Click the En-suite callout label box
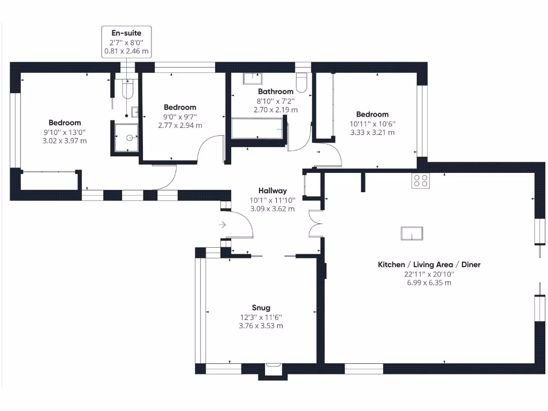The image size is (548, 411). coord(126,42)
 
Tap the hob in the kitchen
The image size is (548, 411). coord(420,181)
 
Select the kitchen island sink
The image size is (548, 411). coord(412,233)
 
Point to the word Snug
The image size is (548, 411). coord(261,308)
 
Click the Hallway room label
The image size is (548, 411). coord(272,191)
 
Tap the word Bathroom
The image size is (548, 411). coord(276,92)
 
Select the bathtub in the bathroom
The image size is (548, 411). coord(258,128)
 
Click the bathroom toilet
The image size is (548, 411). coord(302,81)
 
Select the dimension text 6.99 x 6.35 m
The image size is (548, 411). coord(429,283)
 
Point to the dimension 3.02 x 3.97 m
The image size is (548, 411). coord(64,141)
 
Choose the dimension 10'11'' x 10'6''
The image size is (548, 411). coord(372,124)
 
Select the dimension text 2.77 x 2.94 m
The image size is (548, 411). coord(180,125)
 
